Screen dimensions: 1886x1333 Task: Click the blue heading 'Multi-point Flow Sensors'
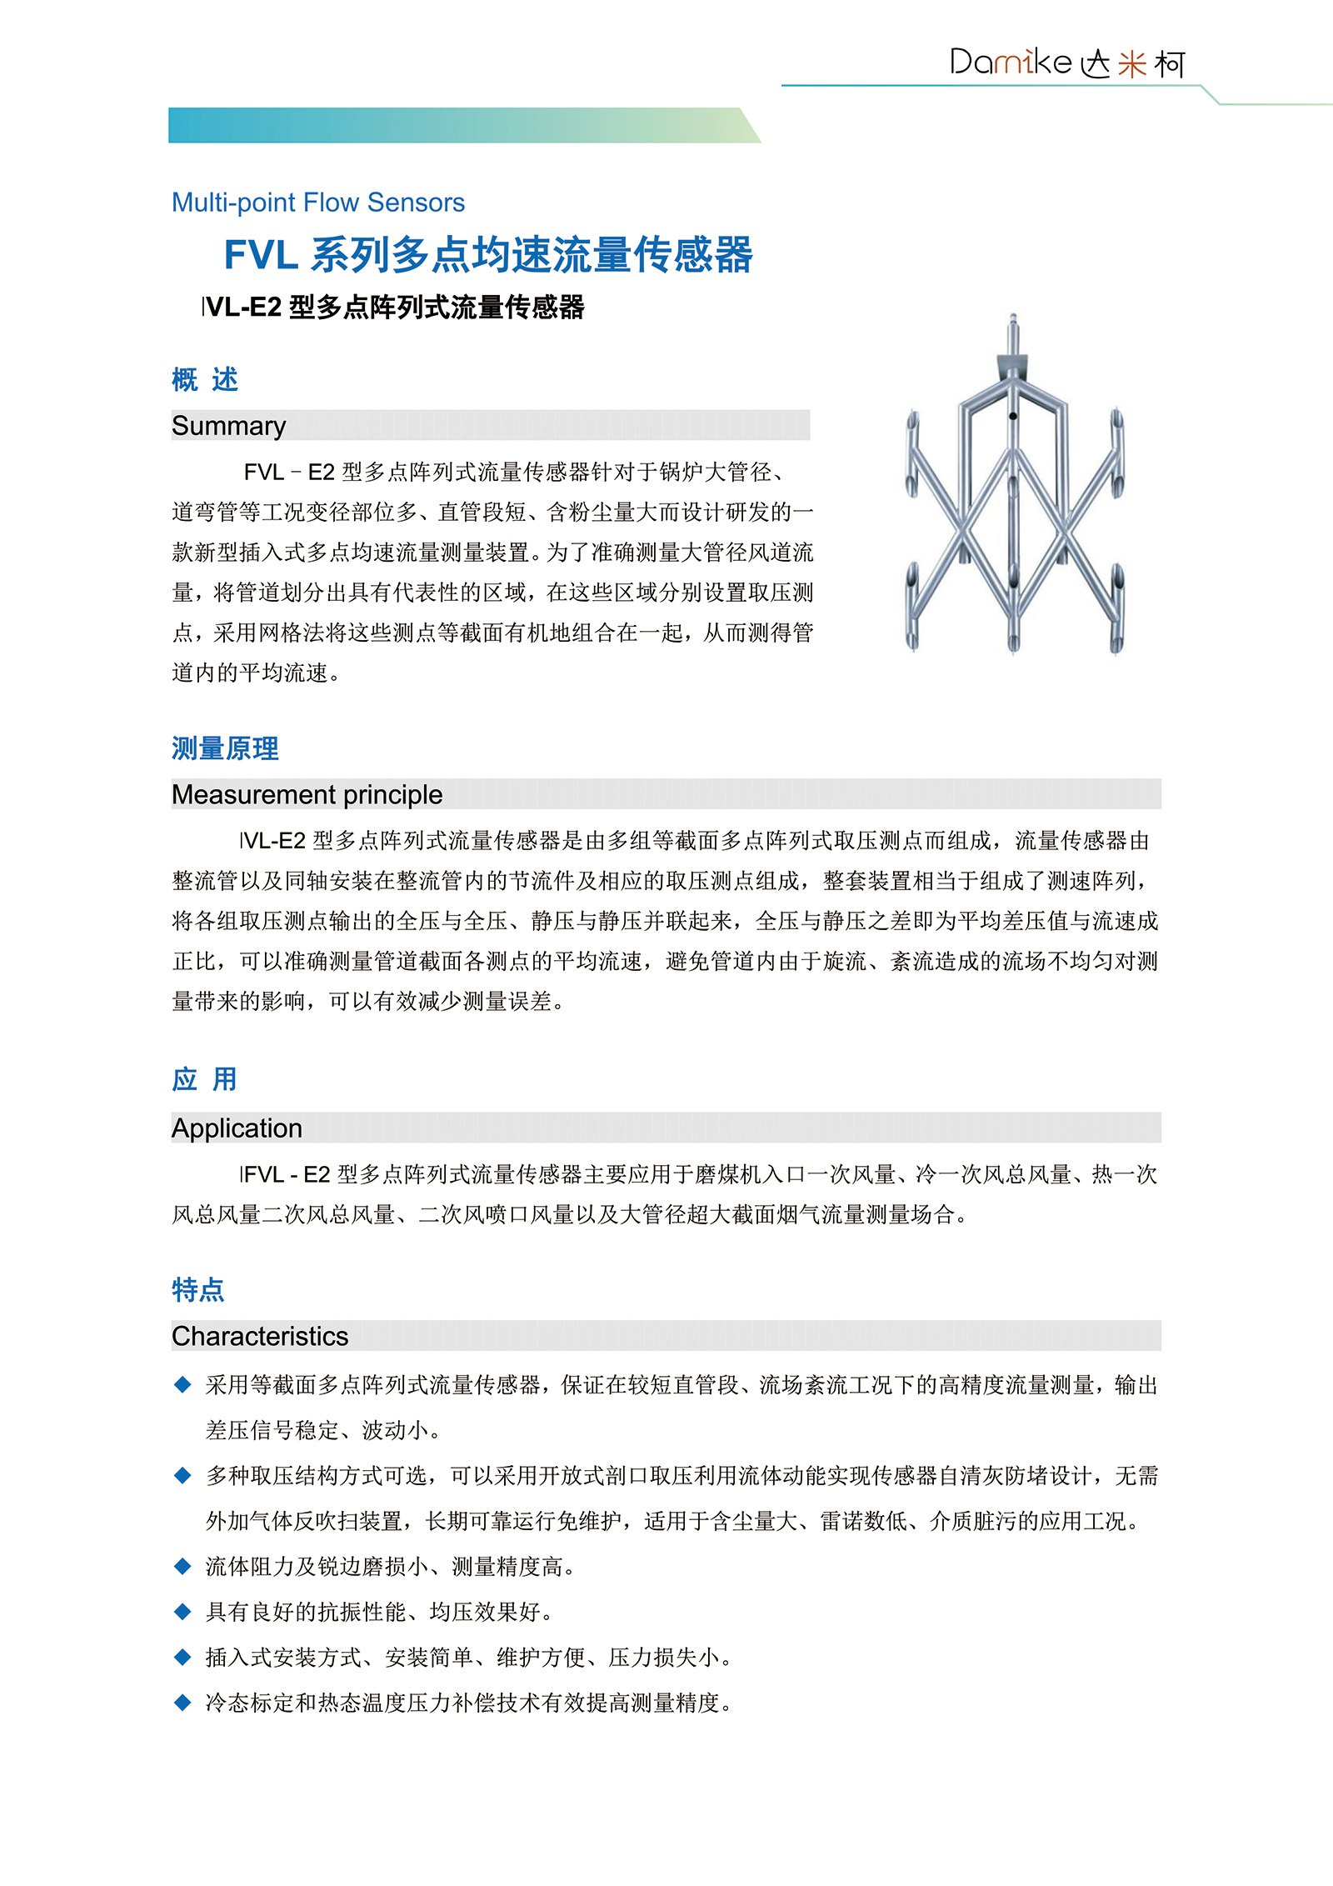pos(317,203)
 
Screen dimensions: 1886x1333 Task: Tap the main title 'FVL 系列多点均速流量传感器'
pos(488,254)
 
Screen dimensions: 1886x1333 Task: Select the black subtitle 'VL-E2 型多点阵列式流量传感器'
pos(394,308)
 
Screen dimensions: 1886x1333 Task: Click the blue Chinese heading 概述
pos(205,380)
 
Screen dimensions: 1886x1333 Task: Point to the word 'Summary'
pos(228,426)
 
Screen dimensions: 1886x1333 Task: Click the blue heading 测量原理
pos(225,748)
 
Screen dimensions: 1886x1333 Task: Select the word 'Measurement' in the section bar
pos(254,794)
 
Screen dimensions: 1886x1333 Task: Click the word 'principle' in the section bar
pos(392,795)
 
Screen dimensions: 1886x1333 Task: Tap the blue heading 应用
pos(205,1079)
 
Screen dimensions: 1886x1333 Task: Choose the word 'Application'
pos(237,1128)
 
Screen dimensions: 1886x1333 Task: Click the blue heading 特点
pos(197,1289)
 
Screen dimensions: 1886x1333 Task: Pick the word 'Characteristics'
pos(260,1336)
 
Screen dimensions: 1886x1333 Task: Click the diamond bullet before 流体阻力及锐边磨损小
pos(182,1566)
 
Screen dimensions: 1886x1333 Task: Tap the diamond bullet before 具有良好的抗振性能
pos(182,1612)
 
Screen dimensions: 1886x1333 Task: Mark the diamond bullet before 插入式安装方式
pos(182,1657)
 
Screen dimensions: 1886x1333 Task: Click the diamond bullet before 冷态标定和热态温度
pos(182,1702)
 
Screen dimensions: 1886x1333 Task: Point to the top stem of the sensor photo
pos(1013,333)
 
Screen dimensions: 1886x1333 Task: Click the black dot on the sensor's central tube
pos(1013,416)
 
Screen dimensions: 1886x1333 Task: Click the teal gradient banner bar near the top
pos(458,125)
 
